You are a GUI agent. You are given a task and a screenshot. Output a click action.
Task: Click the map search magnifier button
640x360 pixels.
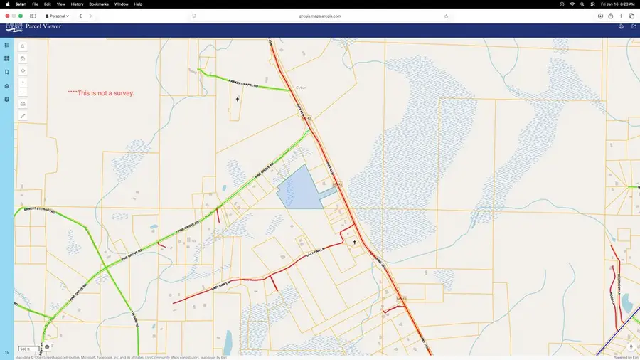tap(23, 46)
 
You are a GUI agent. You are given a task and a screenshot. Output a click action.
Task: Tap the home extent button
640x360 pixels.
tap(23, 58)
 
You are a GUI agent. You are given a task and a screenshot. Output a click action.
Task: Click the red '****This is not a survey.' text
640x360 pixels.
tap(100, 93)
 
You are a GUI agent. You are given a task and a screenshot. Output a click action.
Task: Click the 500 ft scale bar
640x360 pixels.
tap(24, 349)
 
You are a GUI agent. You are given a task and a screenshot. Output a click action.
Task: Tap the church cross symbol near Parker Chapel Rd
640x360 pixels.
tap(238, 99)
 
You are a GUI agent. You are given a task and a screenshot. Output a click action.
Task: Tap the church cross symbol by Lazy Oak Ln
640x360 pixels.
tap(354, 242)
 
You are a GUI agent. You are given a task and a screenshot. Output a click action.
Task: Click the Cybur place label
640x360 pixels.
tap(301, 88)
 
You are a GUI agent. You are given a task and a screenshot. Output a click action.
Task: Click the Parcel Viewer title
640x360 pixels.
tap(43, 27)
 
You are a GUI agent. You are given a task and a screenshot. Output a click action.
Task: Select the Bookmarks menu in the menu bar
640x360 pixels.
tap(99, 4)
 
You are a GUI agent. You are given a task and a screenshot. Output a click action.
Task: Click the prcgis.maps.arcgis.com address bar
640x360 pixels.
tap(320, 16)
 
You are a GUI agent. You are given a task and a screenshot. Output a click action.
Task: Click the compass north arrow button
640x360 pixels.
tap(631, 347)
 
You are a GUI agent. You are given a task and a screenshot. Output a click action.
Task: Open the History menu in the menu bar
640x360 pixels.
tap(77, 4)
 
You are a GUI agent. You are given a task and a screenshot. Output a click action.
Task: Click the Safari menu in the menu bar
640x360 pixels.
tap(21, 4)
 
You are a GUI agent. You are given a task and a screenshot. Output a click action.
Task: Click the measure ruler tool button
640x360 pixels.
tap(23, 115)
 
